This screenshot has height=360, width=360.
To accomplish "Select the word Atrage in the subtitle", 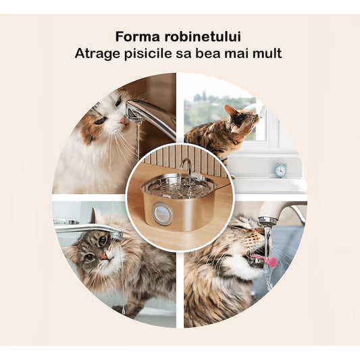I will click(x=95, y=53).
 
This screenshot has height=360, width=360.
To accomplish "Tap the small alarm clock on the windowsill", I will click(x=280, y=170).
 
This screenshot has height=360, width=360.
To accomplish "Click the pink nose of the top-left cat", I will click(x=123, y=120).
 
